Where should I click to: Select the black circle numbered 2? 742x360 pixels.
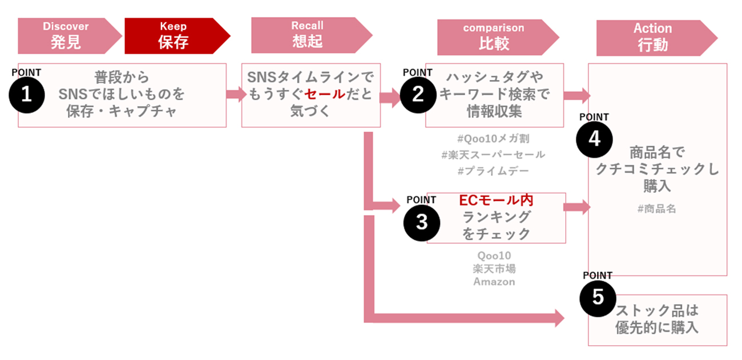418,95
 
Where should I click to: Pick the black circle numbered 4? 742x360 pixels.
594,139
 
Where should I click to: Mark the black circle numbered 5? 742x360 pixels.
598,298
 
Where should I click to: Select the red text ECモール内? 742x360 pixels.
496,201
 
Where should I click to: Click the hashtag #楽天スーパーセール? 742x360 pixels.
493,155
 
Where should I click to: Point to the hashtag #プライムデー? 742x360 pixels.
493,171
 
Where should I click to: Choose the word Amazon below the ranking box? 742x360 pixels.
494,281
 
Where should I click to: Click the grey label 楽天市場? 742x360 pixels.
494,268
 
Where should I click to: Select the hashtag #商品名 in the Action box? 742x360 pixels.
656,209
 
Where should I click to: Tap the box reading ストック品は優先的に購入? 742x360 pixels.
658,319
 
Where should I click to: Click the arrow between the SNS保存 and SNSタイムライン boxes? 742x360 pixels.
234,94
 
